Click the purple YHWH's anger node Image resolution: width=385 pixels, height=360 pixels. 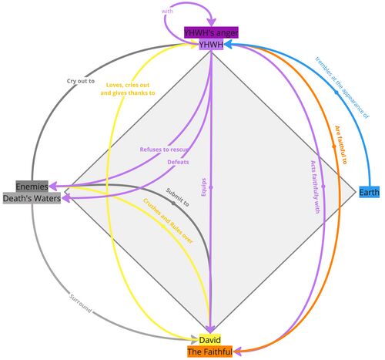(x=210, y=32)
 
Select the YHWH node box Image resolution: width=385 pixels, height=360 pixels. (x=210, y=45)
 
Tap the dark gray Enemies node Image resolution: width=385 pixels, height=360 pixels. (x=33, y=187)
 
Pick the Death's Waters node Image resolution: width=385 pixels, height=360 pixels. (x=33, y=199)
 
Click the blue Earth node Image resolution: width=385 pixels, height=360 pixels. (x=368, y=192)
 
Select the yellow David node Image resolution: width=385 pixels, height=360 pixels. (x=210, y=339)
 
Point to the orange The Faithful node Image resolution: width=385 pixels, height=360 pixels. (x=210, y=352)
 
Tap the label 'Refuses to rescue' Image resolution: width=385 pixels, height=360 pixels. (x=164, y=149)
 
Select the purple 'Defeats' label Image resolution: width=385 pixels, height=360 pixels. (x=178, y=162)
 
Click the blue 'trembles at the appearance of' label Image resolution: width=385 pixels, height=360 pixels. (x=342, y=87)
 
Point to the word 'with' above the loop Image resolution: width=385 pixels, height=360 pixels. (x=167, y=12)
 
